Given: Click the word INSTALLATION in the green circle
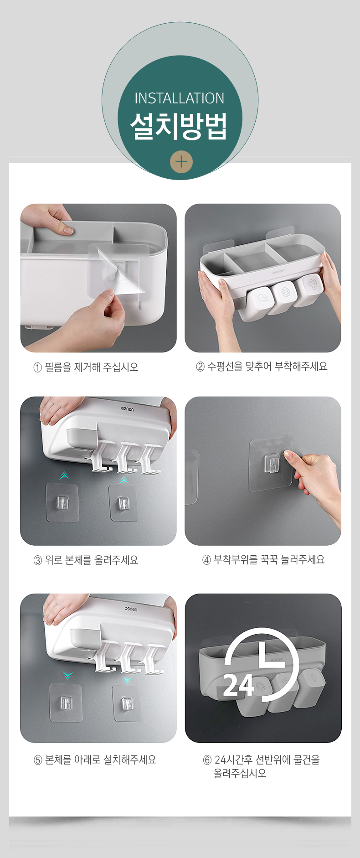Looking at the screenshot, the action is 180,98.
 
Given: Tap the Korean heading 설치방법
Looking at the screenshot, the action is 179,126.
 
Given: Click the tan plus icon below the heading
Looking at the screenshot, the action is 181,162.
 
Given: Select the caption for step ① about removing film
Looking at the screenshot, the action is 86,367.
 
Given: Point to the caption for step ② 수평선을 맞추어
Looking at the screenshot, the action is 262,367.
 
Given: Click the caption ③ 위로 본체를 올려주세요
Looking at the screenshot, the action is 86,560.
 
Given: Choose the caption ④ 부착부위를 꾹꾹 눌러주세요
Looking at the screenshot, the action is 263,560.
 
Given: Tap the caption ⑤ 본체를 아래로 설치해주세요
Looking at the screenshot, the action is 95,760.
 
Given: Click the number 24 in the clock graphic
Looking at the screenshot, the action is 239,685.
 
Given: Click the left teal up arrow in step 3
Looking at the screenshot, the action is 64,476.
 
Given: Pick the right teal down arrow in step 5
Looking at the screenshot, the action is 127,680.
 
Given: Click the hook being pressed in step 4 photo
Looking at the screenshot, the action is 272,464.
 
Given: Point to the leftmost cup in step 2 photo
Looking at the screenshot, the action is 261,300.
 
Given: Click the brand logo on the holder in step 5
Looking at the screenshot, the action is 131,609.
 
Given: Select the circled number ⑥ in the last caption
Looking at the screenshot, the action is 207,760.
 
